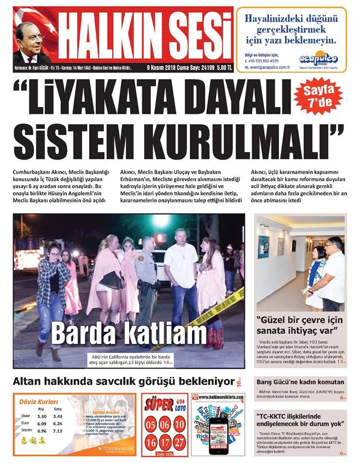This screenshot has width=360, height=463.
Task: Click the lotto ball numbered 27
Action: [179, 441]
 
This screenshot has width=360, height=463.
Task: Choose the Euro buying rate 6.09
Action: [41, 423]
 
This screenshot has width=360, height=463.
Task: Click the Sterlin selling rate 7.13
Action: [58, 431]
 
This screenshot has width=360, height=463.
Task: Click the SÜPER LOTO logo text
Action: [159, 403]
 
